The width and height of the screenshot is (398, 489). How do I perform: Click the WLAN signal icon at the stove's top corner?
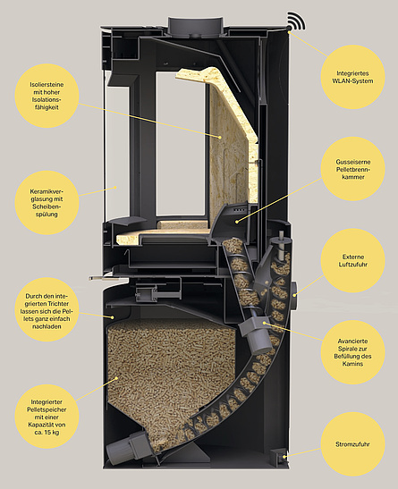[295, 21]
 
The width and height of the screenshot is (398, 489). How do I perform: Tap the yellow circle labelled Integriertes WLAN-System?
[352, 77]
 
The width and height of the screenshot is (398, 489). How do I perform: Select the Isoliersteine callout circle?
[47, 96]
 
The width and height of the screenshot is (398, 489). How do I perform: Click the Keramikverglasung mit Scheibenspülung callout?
[47, 203]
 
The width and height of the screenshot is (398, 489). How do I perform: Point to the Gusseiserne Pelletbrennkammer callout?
[352, 169]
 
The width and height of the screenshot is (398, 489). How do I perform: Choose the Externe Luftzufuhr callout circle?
[352, 261]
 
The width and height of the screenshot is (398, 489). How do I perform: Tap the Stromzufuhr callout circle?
[352, 444]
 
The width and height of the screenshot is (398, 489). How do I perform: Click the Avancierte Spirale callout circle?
[352, 352]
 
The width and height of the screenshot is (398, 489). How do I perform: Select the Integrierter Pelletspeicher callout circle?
[47, 417]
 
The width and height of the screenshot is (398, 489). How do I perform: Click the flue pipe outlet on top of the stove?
[196, 27]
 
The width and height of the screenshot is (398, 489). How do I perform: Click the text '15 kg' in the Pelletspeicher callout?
[52, 433]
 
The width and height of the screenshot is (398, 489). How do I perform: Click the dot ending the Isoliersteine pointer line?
[220, 137]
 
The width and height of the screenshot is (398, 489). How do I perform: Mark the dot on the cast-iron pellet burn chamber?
[237, 222]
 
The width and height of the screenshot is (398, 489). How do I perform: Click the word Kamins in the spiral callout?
[352, 364]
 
